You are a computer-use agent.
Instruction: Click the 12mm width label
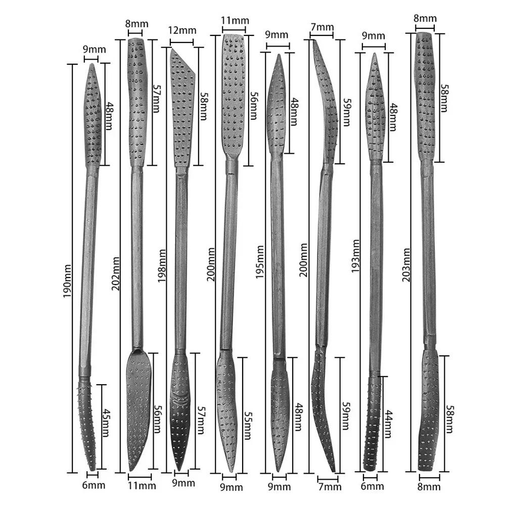[x=181, y=30]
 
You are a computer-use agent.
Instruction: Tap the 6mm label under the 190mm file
[x=92, y=485]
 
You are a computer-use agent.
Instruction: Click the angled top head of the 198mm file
[x=182, y=106]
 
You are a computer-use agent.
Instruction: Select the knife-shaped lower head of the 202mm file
[x=138, y=409]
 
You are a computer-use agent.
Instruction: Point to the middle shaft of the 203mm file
[x=428, y=253]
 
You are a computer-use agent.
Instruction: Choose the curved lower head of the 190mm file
[x=87, y=425]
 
